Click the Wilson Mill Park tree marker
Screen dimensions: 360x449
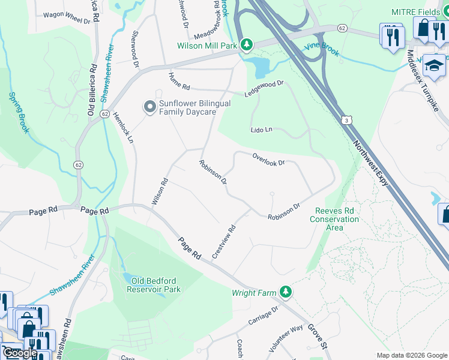246,44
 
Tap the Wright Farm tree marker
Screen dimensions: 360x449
286,292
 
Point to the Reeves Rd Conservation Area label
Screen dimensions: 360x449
334,219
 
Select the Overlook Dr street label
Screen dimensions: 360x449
268,159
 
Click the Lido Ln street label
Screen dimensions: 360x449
262,130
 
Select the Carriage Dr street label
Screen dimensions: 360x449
264,317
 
